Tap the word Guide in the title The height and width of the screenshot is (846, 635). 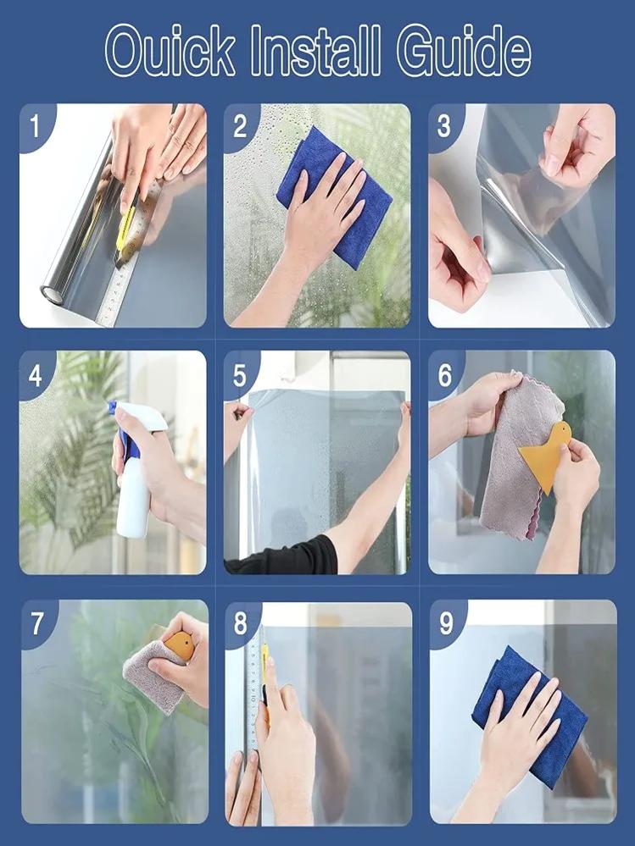pyautogui.click(x=464, y=53)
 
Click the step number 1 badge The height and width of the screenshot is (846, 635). pyautogui.click(x=35, y=127)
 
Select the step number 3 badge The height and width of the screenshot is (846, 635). pyautogui.click(x=444, y=127)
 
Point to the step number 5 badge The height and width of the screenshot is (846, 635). pyautogui.click(x=240, y=374)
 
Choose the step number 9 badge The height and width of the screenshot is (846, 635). pyautogui.click(x=446, y=623)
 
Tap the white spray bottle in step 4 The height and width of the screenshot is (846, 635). pyautogui.click(x=133, y=505)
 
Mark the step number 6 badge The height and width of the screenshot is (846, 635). pyautogui.click(x=445, y=375)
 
